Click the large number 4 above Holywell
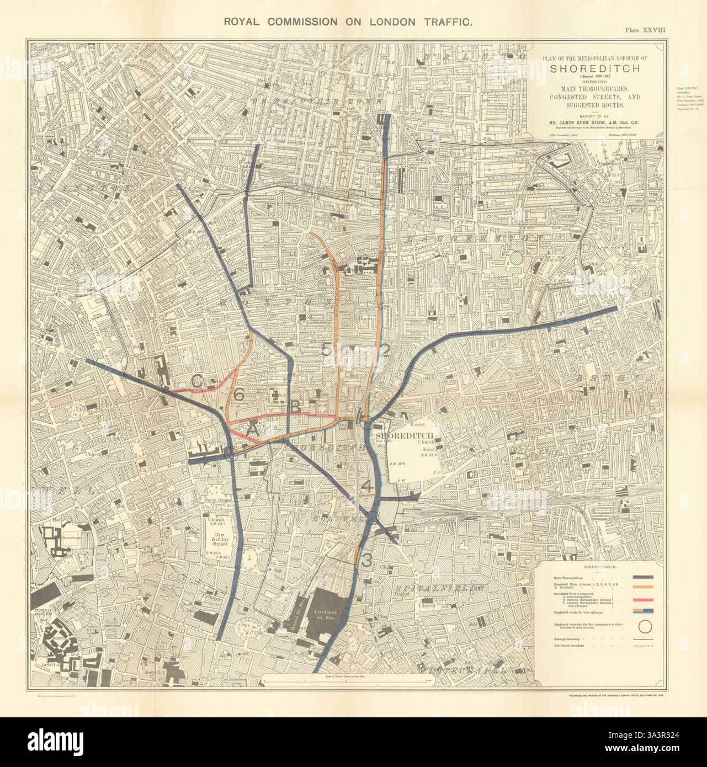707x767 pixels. point(369,486)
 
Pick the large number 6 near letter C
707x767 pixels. point(238,395)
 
